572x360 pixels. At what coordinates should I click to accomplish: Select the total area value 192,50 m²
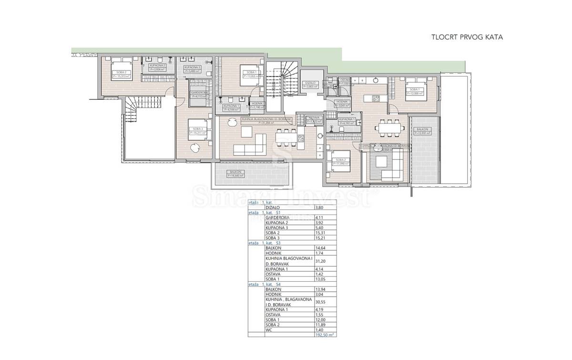coord(325,335)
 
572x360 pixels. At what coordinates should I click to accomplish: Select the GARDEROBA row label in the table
coord(276,217)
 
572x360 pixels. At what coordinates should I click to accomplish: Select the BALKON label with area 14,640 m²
coord(235,174)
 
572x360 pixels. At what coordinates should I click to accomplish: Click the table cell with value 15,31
coord(321,233)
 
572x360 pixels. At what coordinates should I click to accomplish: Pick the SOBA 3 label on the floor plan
coord(195,129)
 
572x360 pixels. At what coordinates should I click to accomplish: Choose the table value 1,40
coord(320,329)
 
